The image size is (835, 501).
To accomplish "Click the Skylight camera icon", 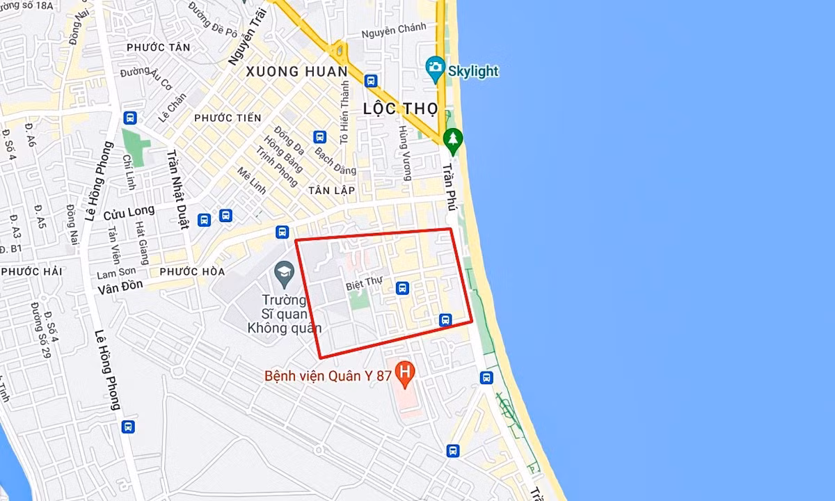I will point(436,67).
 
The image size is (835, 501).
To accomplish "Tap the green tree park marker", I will point(453,139).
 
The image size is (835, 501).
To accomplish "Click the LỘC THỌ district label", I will point(400,109).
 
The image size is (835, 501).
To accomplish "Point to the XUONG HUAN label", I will point(296,71).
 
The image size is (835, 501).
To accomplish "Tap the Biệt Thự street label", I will point(365,286).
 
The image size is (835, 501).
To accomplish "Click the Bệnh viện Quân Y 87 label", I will point(327,376).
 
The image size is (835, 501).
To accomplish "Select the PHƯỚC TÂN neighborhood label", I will point(159,47).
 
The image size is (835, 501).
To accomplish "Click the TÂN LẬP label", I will point(332,190).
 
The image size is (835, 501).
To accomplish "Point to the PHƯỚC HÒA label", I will point(192,271).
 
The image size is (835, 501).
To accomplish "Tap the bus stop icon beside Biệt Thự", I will point(401,287).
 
